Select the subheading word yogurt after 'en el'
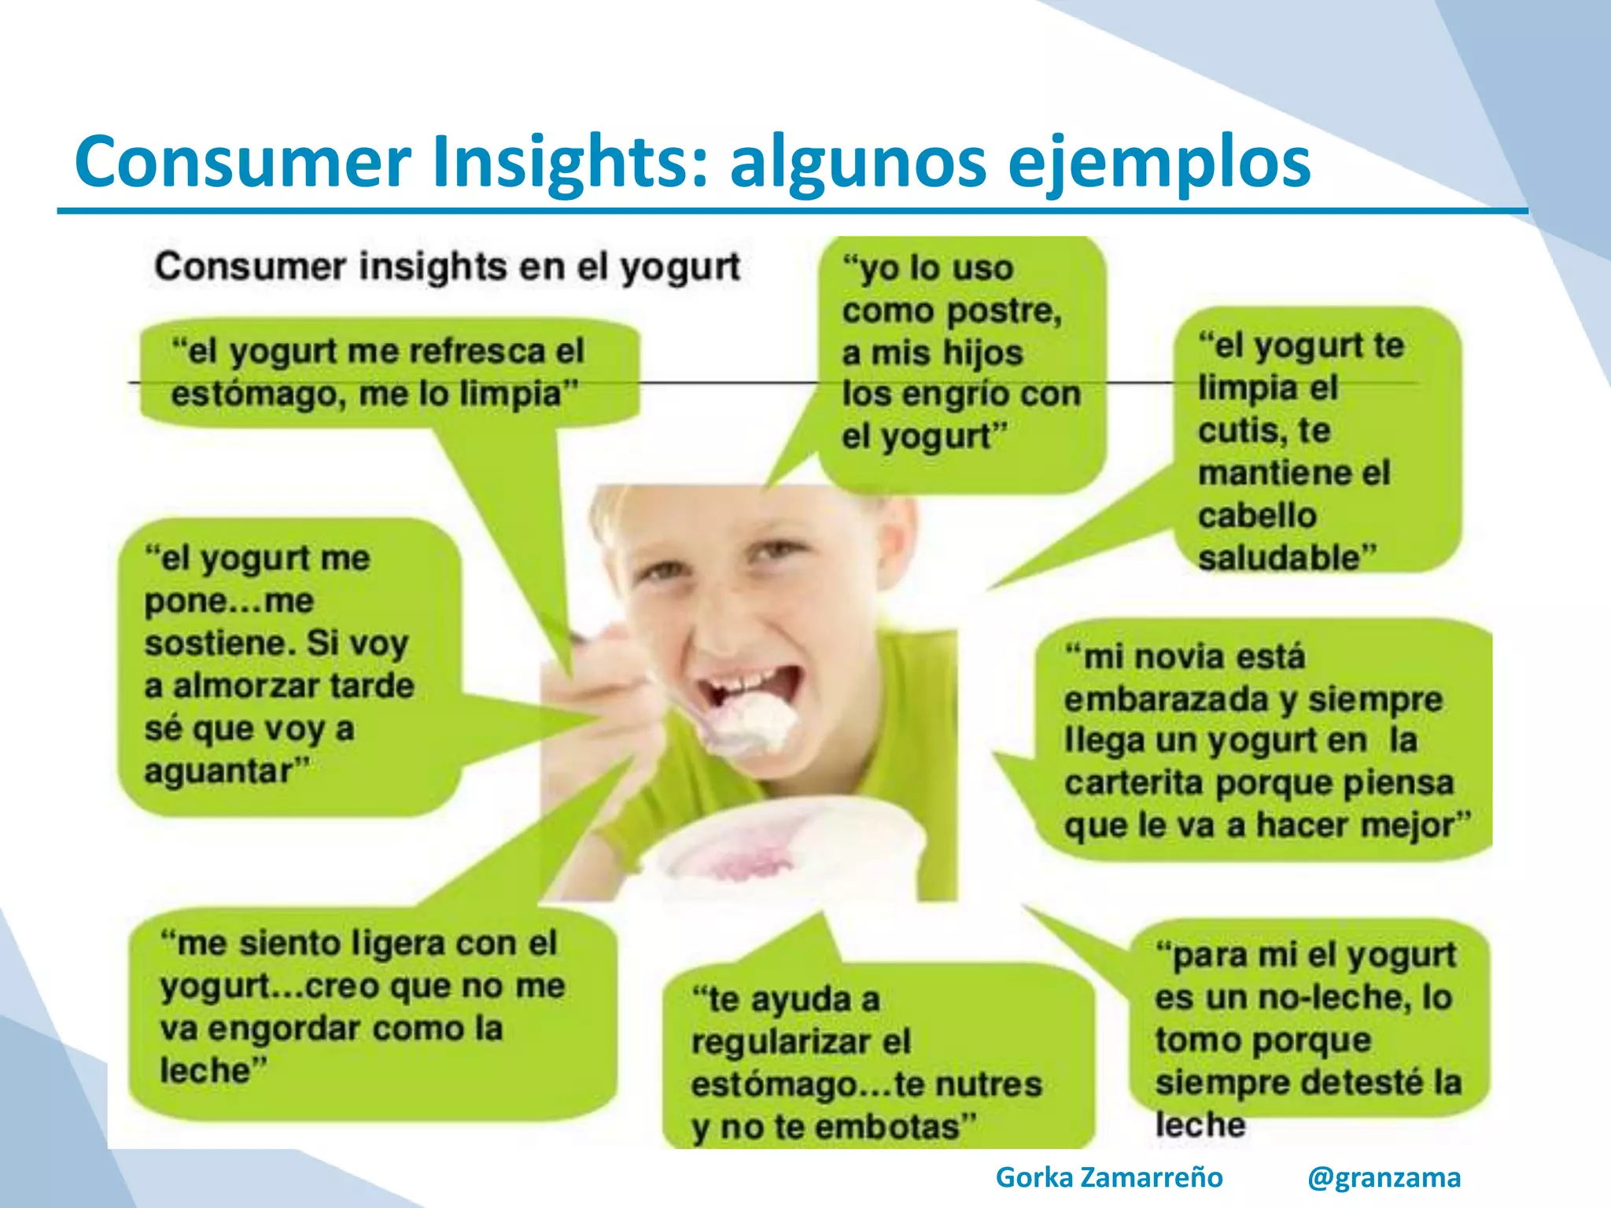click(x=680, y=267)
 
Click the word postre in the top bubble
click(x=1005, y=311)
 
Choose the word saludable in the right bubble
click(x=1287, y=558)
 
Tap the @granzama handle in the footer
click(x=1384, y=1177)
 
